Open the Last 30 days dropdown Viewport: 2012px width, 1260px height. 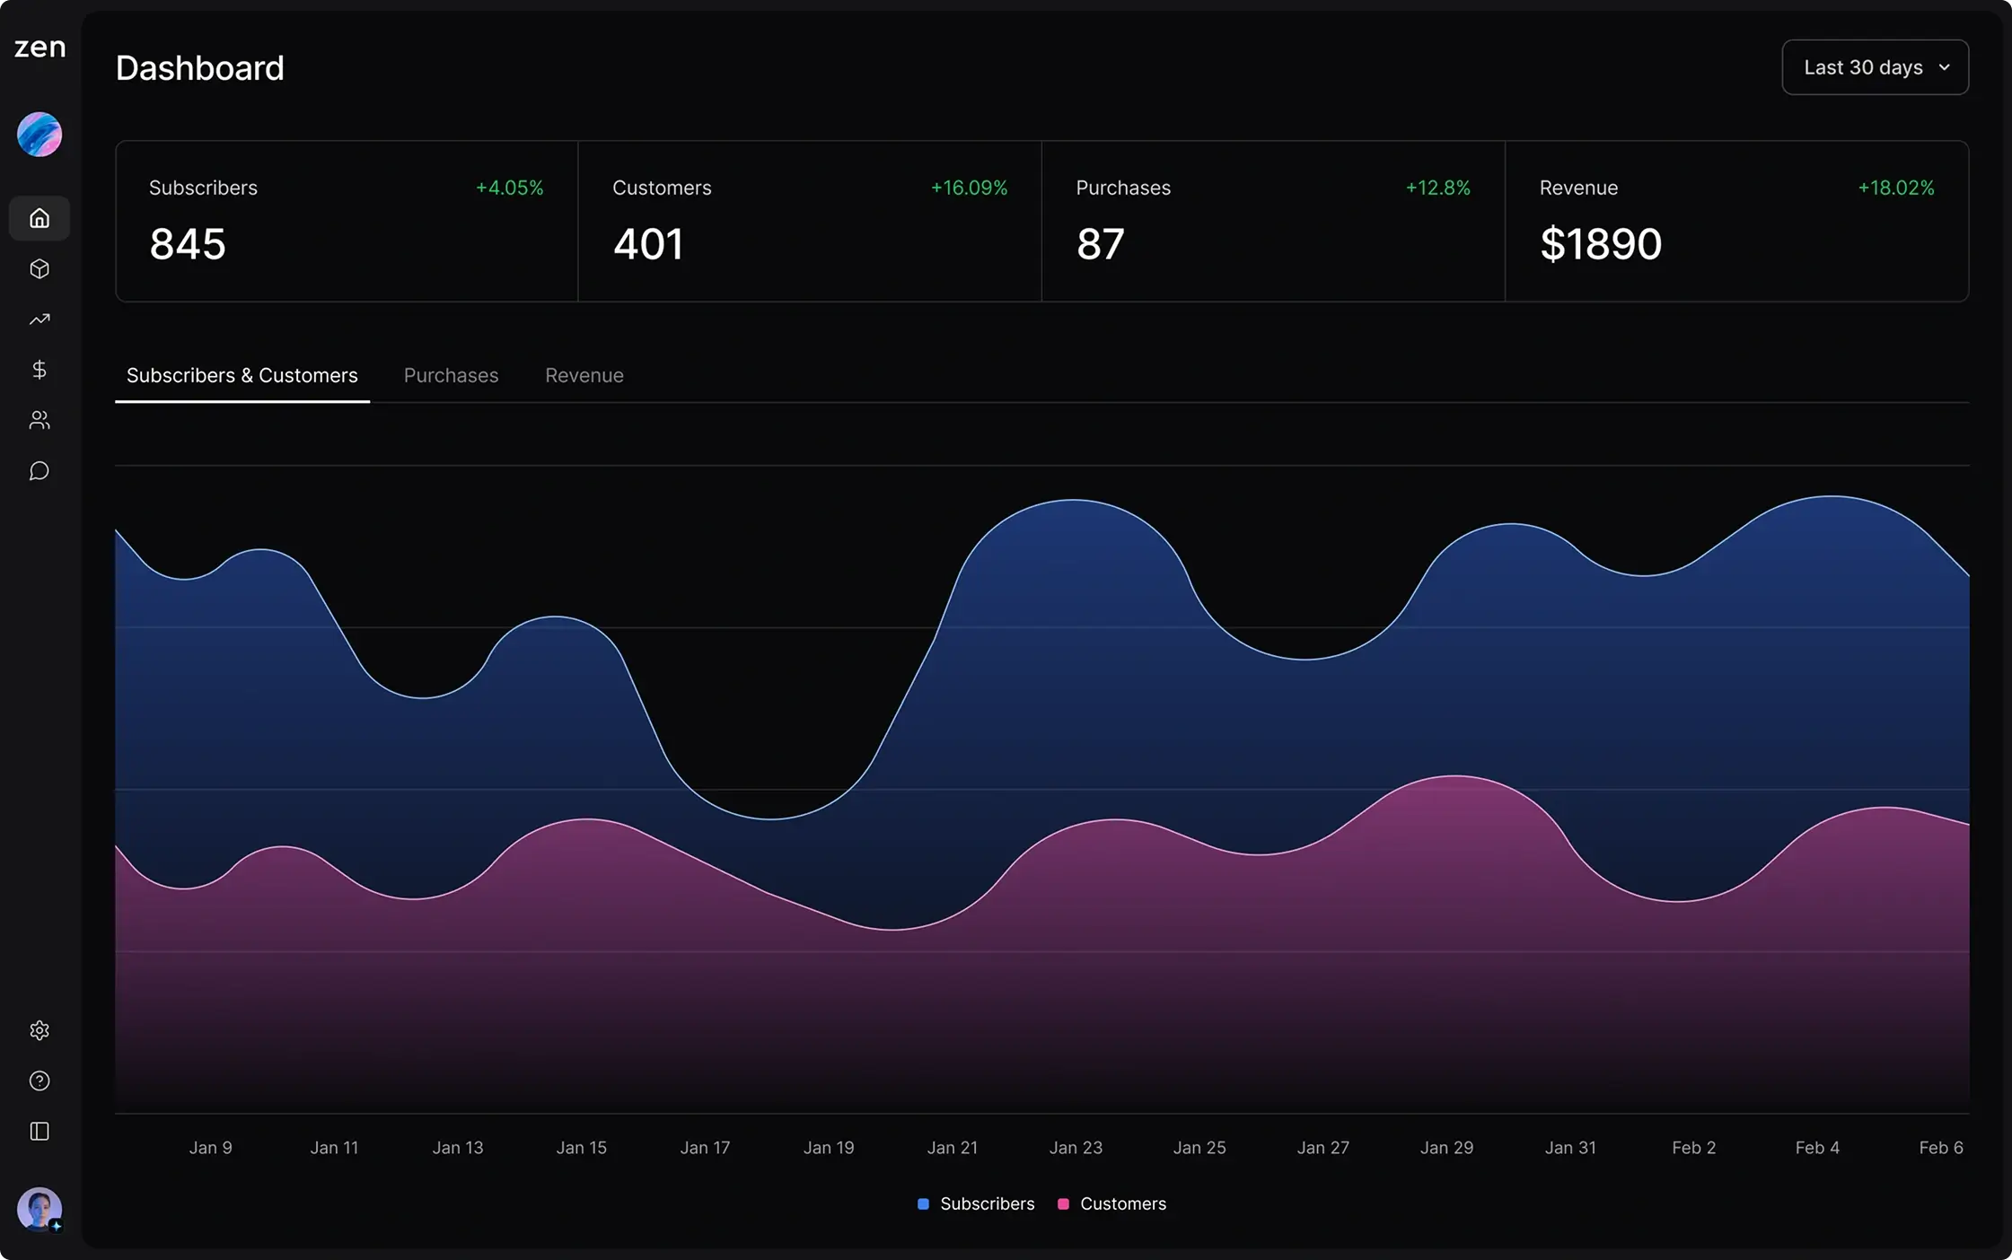[1875, 67]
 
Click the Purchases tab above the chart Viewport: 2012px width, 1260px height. [451, 375]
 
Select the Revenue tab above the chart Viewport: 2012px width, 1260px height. [584, 375]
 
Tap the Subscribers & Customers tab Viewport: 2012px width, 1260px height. [242, 375]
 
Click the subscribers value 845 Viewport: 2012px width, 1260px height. [187, 244]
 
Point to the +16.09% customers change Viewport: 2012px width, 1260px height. [968, 188]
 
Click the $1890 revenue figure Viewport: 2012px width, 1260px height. [1600, 244]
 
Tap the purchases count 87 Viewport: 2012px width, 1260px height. [1100, 244]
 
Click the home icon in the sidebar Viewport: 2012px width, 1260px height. [40, 218]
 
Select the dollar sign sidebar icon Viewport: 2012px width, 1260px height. [40, 370]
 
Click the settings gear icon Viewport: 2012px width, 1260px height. [40, 1030]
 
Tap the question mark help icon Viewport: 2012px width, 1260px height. [40, 1081]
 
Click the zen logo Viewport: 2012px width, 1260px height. [40, 47]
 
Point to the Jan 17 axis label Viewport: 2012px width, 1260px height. [705, 1148]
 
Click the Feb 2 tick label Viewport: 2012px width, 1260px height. [1693, 1148]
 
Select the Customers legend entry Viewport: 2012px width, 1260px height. [1112, 1203]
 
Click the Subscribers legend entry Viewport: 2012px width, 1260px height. [976, 1203]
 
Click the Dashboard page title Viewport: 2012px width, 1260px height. [199, 68]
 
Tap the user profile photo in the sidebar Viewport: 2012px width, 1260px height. [40, 1209]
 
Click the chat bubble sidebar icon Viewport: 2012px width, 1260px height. [40, 471]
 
